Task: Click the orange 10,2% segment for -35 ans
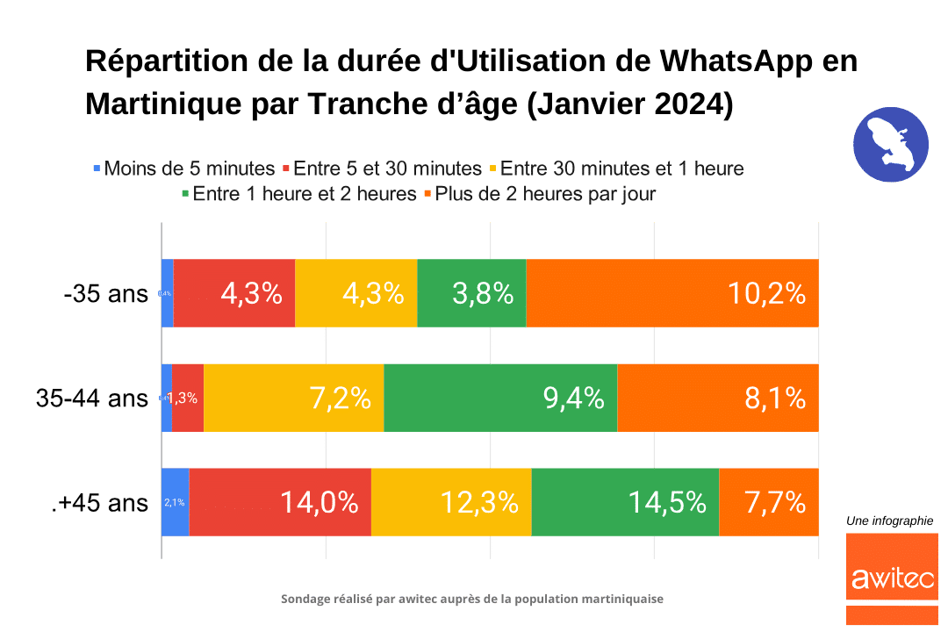coord(671,293)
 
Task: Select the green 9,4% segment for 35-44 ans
coord(500,398)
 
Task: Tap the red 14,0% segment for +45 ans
coord(280,502)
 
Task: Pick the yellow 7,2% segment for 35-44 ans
coord(293,398)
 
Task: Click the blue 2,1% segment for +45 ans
coord(175,502)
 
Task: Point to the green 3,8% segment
coord(471,293)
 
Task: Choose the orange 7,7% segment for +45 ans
coord(769,502)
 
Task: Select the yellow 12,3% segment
coord(451,502)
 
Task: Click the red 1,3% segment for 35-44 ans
coord(187,398)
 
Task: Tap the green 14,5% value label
coord(667,503)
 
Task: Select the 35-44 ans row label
coord(92,399)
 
